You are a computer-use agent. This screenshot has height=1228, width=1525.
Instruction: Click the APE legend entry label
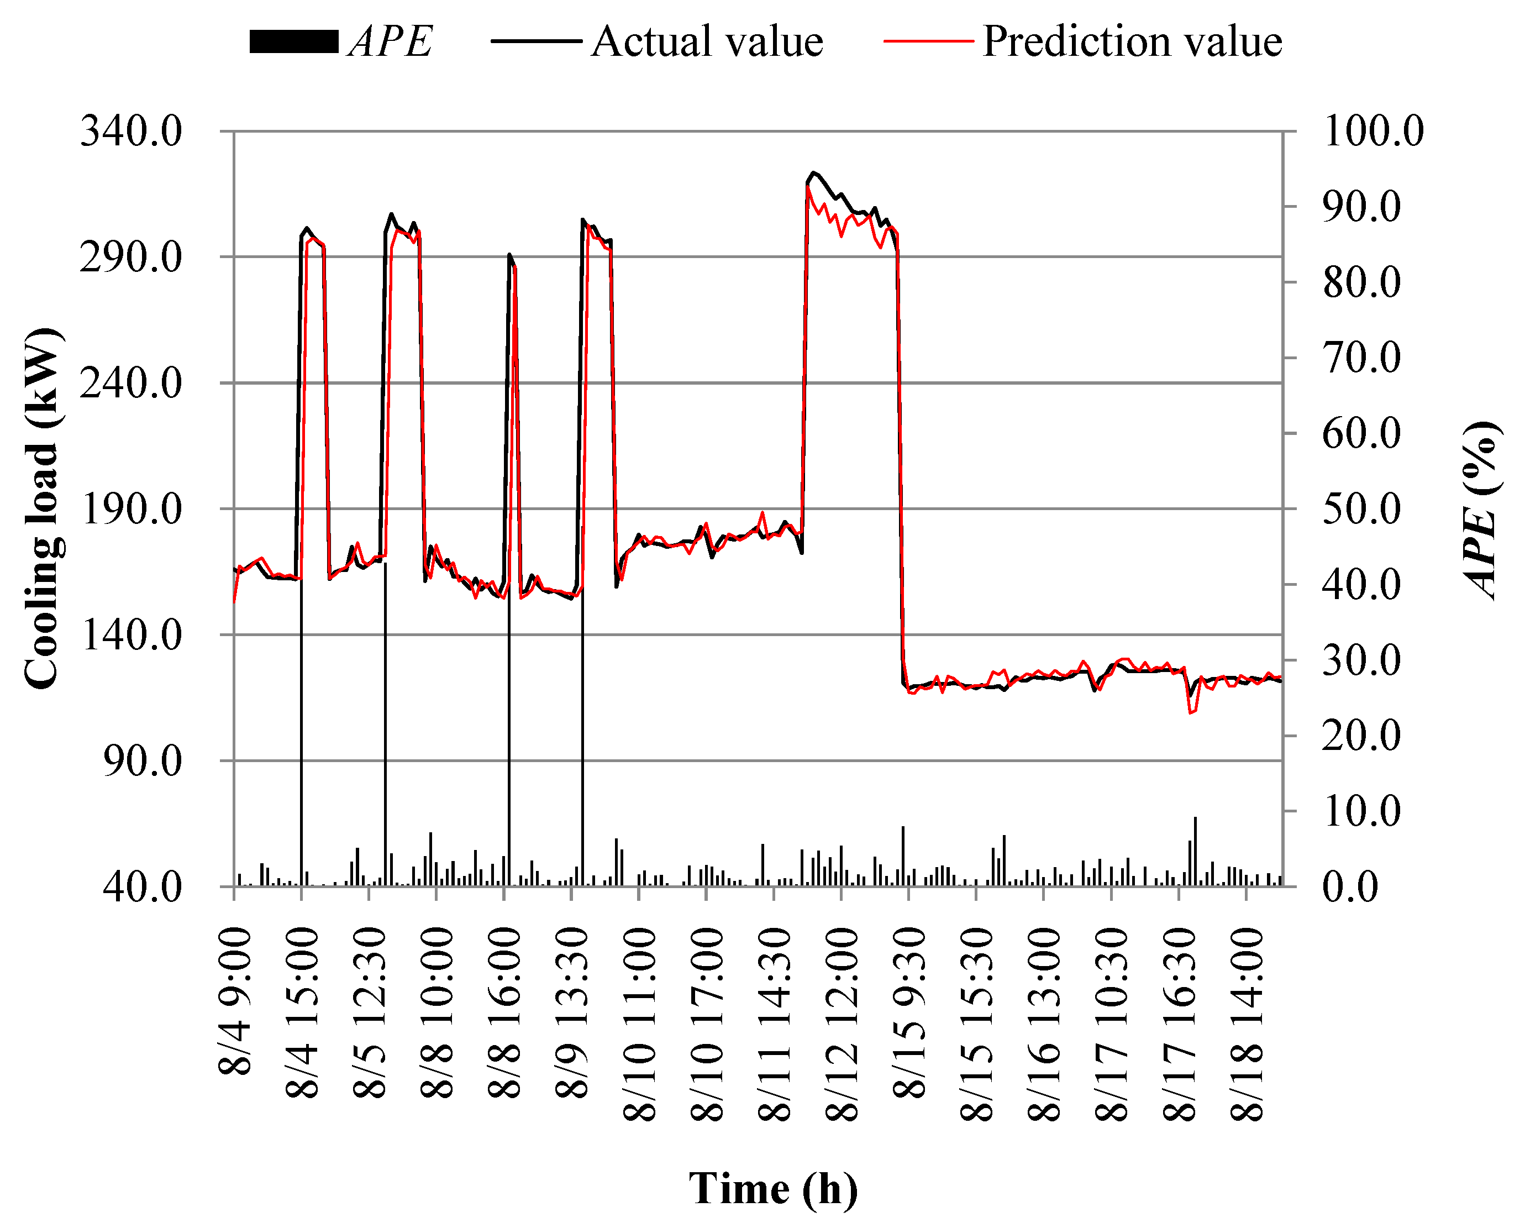pyautogui.click(x=391, y=41)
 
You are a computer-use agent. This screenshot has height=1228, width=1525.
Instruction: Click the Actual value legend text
pyautogui.click(x=707, y=41)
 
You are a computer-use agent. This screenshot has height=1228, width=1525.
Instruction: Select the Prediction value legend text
pyautogui.click(x=1132, y=41)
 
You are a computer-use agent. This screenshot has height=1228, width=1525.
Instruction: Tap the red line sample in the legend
pyautogui.click(x=929, y=41)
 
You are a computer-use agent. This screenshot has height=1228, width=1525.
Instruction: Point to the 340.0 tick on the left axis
pyautogui.click(x=131, y=132)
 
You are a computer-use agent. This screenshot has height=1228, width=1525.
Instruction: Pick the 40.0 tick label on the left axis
pyautogui.click(x=141, y=886)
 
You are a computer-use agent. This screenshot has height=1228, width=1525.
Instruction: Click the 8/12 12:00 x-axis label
pyautogui.click(x=842, y=1026)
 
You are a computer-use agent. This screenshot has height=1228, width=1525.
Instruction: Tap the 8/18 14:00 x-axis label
pyautogui.click(x=1247, y=1026)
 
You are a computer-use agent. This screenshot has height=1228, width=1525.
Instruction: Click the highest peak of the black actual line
pyautogui.click(x=813, y=172)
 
